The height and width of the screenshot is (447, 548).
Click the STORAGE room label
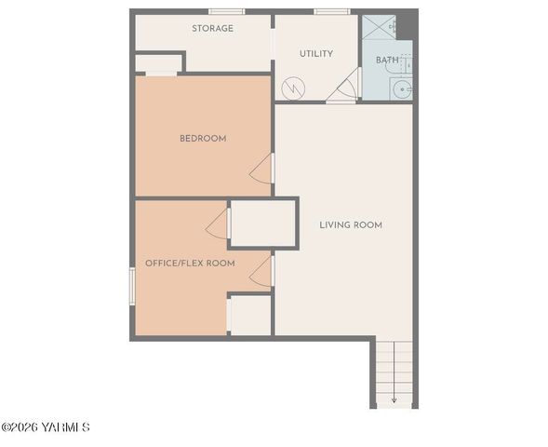coord(212,29)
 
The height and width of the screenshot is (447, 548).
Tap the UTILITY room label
coord(315,54)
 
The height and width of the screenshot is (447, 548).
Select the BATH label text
coord(386,61)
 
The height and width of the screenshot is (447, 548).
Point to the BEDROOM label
coord(203,139)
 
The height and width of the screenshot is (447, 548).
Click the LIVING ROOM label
coord(351,225)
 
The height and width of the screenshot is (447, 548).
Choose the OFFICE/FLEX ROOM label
coord(190,264)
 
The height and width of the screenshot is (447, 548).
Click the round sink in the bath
coord(403,89)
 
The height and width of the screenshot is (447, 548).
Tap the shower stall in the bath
coord(379,27)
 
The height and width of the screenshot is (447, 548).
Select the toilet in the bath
coord(408,60)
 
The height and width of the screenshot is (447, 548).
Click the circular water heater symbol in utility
coord(292,88)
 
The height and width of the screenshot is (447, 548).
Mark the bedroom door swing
coord(262,169)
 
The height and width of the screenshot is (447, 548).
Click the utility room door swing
coord(347,88)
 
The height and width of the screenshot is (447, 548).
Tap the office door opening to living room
coord(261,271)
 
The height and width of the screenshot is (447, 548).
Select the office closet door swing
coord(218,223)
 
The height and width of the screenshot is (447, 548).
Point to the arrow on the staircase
coord(394,399)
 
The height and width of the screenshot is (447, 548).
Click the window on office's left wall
coord(132,285)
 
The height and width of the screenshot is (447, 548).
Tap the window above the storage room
coord(226,11)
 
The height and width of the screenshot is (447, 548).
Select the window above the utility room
coord(331,11)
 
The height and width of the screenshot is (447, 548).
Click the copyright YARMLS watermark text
coord(46,427)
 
